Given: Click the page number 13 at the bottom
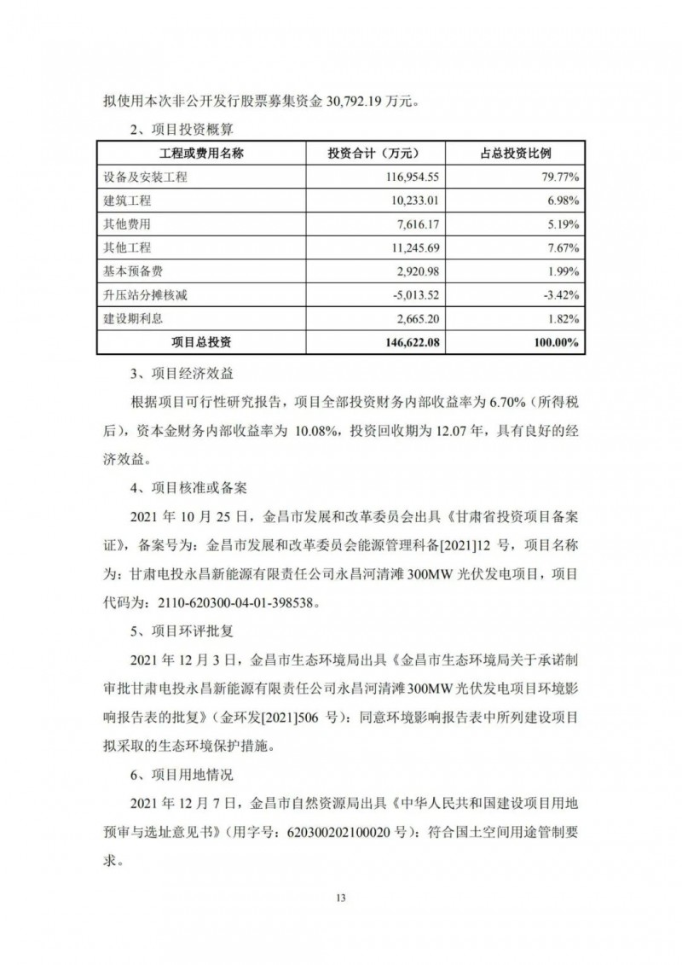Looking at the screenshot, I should [x=341, y=898].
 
